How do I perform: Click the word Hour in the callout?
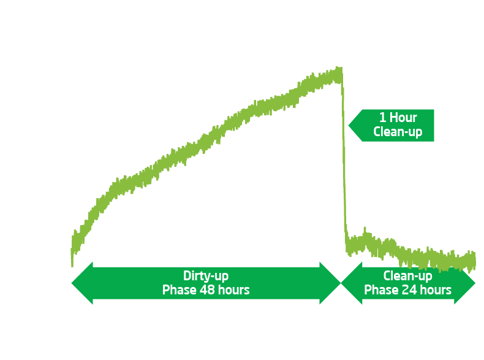pos(403,118)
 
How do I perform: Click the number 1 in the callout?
pos(383,118)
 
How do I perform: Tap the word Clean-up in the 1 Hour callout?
pos(398,132)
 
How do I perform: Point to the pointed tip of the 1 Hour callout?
pos(349,125)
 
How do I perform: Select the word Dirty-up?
pos(206,276)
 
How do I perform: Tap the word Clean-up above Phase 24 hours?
pos(408,276)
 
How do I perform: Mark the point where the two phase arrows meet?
pos(341,283)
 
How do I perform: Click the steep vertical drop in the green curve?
pos(344,159)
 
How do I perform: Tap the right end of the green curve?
pos(474,260)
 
